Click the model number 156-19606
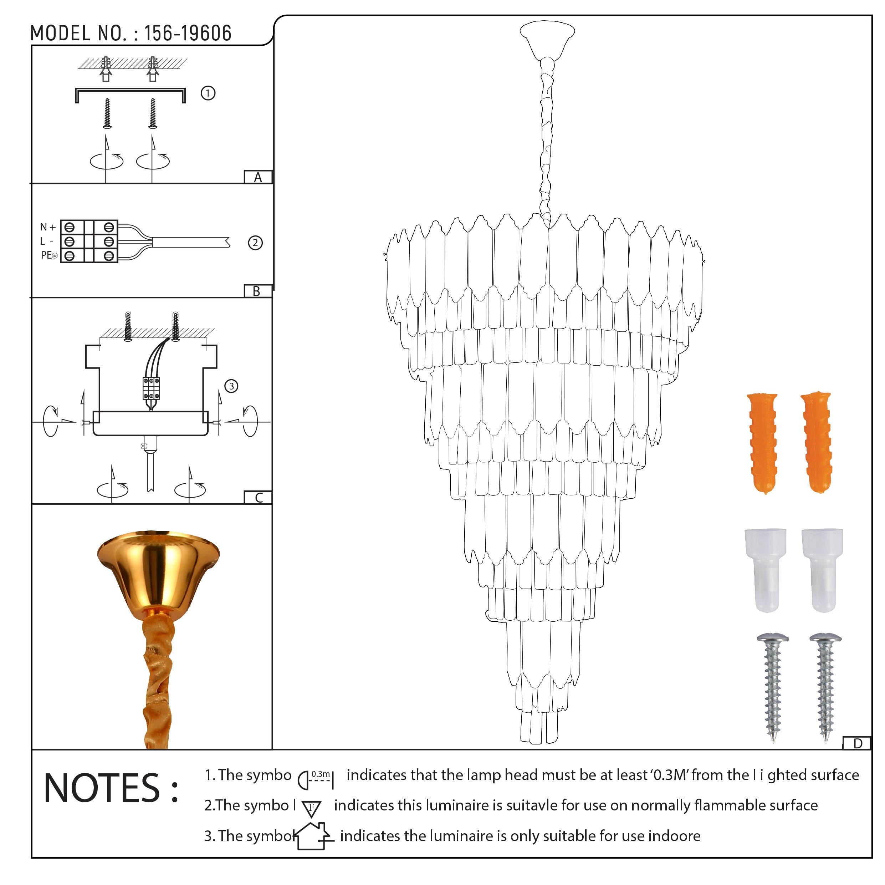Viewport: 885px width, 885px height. [188, 34]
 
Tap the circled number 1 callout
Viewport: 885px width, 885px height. [208, 93]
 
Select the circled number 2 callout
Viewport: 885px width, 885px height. [255, 243]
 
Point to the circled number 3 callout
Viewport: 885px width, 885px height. [231, 386]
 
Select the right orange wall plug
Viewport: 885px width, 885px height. [817, 442]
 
